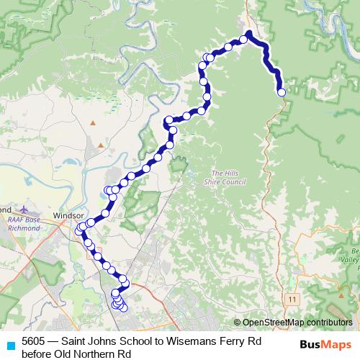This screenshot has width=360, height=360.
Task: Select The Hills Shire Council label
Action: point(228,177)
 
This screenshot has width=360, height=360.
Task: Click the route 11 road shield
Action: point(292,297)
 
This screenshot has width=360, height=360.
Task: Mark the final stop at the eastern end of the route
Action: point(282,92)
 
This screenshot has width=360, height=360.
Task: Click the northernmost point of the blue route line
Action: point(248,32)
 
